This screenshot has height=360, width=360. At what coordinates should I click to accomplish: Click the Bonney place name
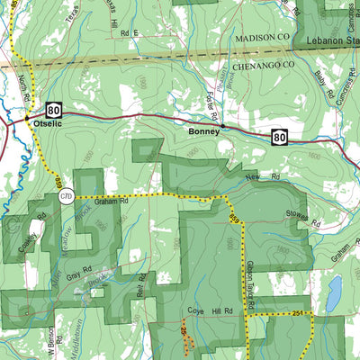[x=204, y=130]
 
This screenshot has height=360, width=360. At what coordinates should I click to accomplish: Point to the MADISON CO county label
[x=265, y=40]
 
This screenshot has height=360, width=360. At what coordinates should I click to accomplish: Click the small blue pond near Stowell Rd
[x=334, y=292]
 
